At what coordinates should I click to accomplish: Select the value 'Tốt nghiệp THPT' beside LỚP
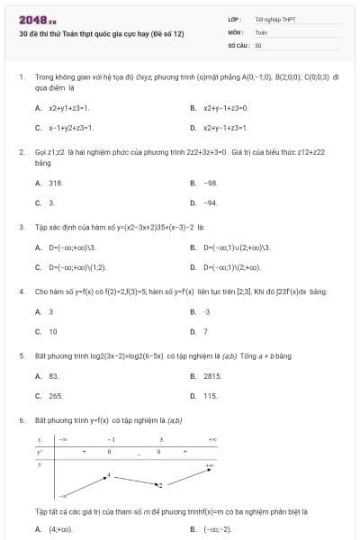tap(274, 19)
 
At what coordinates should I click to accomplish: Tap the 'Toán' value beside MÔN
tap(261, 31)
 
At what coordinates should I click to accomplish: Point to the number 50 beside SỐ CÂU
tap(258, 44)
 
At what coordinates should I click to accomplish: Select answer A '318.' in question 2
tap(55, 183)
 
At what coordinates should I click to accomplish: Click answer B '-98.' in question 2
tap(211, 183)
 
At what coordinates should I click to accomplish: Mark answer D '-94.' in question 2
tap(211, 203)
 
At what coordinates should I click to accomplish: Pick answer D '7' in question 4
tap(205, 331)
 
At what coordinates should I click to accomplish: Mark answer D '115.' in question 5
tap(211, 396)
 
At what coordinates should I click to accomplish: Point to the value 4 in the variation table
tap(110, 474)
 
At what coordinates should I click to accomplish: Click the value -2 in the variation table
tap(161, 485)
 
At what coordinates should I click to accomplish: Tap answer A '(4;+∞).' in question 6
tap(60, 529)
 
